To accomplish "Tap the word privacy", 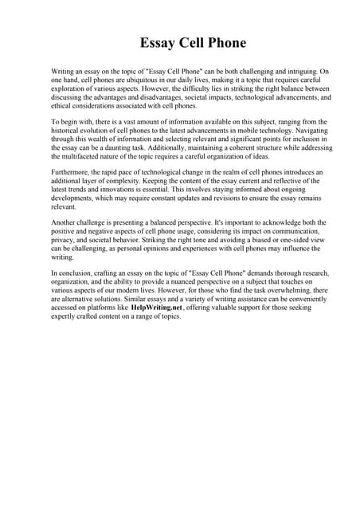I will click(63, 237).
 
